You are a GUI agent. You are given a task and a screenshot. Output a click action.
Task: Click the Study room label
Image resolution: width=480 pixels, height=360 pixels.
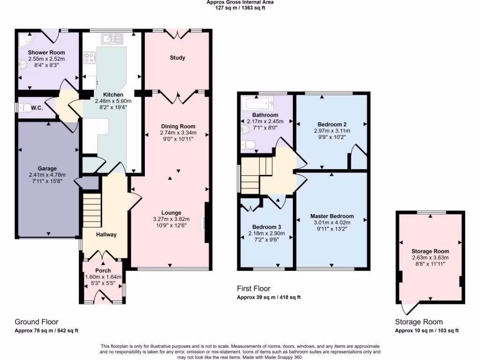(x=177, y=58)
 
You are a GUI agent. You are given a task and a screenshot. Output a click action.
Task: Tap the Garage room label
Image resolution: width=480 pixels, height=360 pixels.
(x=47, y=168)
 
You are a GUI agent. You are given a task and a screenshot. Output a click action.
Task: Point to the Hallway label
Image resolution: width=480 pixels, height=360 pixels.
(x=106, y=234)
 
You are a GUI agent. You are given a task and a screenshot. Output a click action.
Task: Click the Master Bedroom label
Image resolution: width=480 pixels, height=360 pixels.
(x=332, y=216)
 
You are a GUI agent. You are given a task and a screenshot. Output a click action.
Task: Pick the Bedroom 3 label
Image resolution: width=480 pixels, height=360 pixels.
(x=266, y=226)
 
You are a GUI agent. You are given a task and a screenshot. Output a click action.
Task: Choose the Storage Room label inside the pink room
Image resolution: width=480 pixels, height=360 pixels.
(x=430, y=251)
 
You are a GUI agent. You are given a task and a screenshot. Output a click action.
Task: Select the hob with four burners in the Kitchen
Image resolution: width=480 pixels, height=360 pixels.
(x=90, y=58)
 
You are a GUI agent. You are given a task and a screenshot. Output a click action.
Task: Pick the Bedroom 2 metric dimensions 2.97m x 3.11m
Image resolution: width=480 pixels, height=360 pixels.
(x=332, y=131)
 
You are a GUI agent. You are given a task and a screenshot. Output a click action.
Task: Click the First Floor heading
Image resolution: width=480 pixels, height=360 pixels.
(x=254, y=289)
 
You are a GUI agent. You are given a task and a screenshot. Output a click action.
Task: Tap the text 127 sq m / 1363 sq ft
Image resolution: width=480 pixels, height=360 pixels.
(x=240, y=8)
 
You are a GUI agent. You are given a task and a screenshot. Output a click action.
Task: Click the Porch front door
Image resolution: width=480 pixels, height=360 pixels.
(x=102, y=297)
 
